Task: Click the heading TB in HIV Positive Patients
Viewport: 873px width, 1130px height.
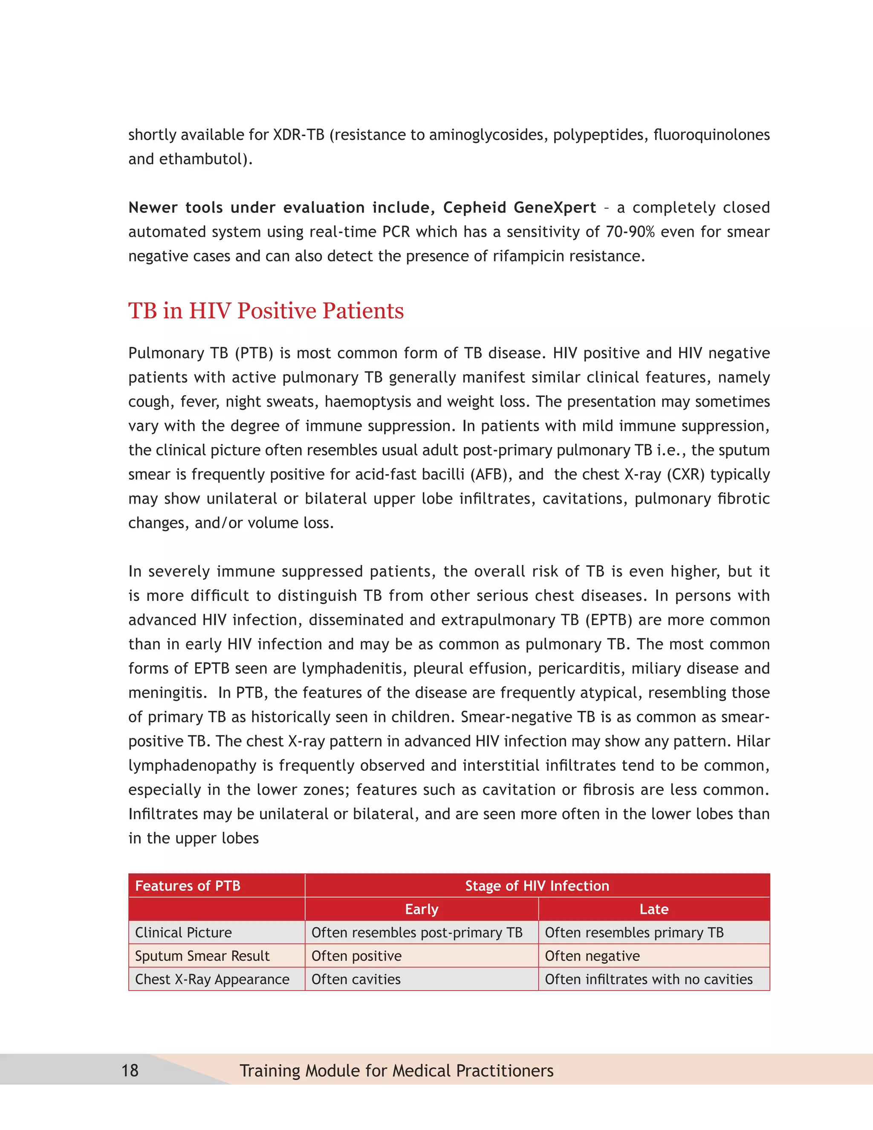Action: point(266,310)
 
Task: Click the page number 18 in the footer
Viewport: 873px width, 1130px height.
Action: point(130,1070)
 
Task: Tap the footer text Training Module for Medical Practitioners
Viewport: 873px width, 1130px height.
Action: point(396,1070)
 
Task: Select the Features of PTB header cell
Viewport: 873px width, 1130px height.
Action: point(188,886)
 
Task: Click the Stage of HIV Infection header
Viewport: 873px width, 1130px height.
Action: point(537,886)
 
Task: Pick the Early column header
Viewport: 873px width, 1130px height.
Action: point(422,909)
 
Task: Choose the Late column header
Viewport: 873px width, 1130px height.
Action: point(654,909)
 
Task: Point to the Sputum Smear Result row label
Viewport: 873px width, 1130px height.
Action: point(202,956)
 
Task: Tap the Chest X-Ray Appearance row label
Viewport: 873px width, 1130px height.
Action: point(212,979)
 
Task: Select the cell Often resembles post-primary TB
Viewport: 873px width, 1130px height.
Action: point(417,932)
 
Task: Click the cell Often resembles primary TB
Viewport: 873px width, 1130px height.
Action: point(634,932)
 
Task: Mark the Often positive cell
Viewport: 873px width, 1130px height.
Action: point(356,956)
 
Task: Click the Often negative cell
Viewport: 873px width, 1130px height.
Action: point(592,956)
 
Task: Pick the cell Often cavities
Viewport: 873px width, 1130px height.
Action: point(356,979)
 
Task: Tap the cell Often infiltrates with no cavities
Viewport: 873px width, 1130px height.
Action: point(648,979)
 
